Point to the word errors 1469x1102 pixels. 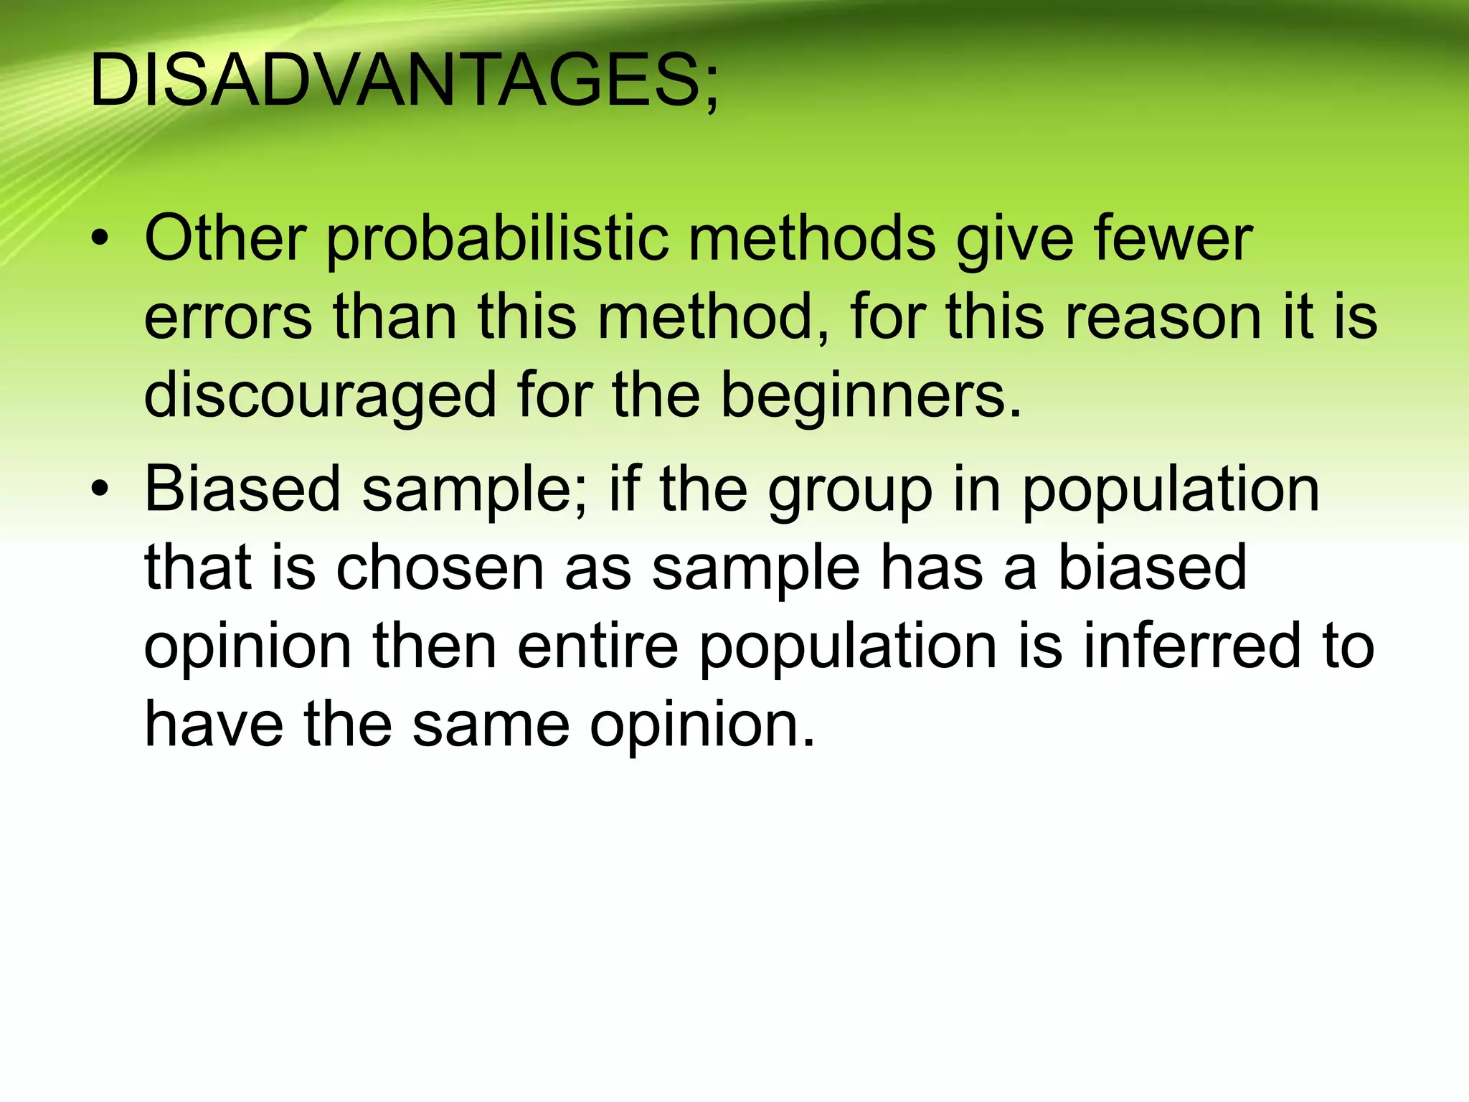pos(228,317)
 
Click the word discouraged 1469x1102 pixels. pos(320,396)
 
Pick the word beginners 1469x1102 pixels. pos(871,395)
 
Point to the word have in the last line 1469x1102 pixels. pos(214,724)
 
